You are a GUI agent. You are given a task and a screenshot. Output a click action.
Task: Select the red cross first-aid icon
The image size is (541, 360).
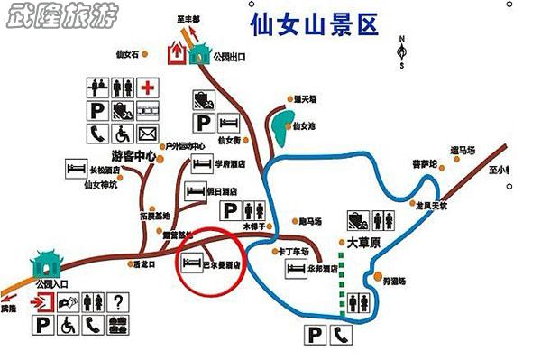(x=148, y=88)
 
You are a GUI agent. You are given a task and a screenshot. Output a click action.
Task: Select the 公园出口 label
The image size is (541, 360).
(x=229, y=57)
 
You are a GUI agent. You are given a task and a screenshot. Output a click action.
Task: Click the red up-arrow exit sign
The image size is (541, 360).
(x=177, y=55)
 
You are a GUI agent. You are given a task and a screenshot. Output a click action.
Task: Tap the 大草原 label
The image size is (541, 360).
(x=364, y=243)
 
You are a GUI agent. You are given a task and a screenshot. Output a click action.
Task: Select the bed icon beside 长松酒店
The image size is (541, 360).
(x=74, y=167)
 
